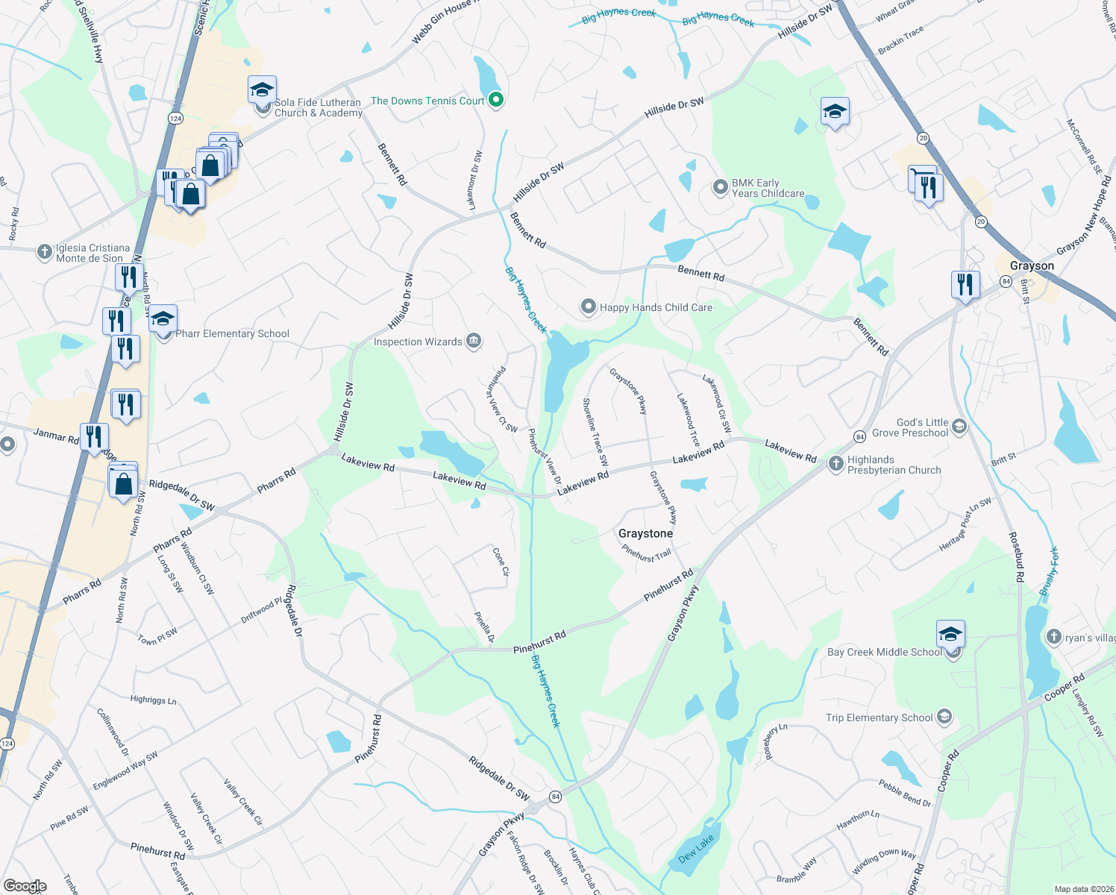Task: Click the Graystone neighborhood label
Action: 645,533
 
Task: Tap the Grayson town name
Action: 1032,266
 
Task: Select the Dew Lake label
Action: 696,849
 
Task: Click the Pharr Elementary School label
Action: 232,333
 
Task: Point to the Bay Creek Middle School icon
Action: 950,635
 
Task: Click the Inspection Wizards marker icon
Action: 473,342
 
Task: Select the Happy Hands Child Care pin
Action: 589,307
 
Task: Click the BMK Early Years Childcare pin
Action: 720,187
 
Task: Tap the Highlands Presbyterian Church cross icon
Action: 836,464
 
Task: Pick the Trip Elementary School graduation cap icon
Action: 944,717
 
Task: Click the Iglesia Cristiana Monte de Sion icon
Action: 45,252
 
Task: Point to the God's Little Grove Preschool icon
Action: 959,427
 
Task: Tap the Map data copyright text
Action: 1081,889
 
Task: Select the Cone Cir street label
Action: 501,562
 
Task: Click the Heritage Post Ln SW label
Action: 965,524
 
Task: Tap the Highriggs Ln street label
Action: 153,700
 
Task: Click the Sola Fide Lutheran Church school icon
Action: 262,91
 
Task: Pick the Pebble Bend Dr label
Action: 905,793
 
